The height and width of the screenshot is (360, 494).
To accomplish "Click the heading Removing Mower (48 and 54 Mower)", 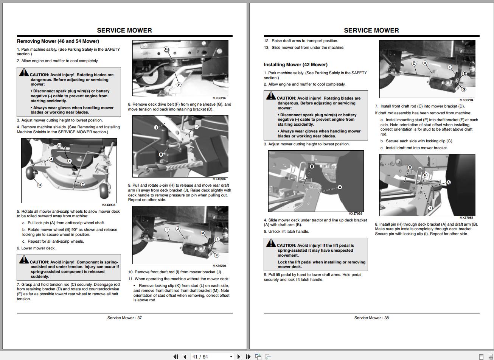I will coord(58,41).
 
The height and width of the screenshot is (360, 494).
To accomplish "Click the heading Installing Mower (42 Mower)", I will coord(295,65).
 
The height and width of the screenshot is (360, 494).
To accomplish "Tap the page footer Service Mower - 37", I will coord(124,318).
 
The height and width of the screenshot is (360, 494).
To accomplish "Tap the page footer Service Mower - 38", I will coord(371,318).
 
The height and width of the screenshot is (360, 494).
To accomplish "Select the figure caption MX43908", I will coord(109,205).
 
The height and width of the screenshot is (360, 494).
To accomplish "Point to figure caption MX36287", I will coord(219,98).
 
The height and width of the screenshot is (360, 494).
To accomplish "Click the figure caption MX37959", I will coord(355,214).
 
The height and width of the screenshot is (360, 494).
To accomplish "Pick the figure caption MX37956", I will coord(466,218).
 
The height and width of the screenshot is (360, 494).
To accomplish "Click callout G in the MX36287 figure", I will coord(166,49).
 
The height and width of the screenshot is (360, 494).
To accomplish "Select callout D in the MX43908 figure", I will coord(59,145).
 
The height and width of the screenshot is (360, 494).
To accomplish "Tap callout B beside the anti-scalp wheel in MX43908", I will coord(40,185).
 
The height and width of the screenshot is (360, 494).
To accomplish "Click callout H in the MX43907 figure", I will coord(161,154).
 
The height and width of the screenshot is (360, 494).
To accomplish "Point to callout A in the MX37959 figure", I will coord(340,187).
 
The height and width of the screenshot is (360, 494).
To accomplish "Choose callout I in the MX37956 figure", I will coord(430,208).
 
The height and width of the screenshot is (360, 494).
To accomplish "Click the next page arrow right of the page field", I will coord(239,357).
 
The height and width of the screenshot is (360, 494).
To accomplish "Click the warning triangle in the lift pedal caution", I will coord(271,243).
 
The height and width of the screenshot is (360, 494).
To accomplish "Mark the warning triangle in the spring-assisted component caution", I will coord(24,260).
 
